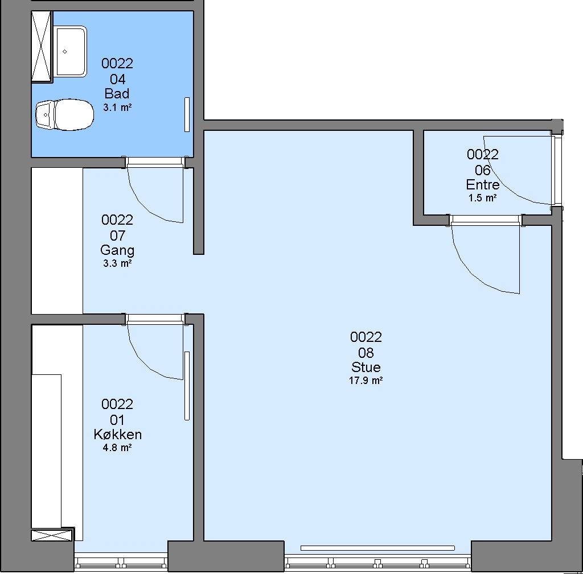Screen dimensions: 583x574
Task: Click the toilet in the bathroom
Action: click(65, 114)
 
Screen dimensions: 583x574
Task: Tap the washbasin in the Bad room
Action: click(71, 51)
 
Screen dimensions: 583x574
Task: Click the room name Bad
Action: click(117, 93)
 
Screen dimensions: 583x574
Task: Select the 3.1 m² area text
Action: click(117, 108)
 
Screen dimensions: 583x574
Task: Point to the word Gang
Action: click(117, 250)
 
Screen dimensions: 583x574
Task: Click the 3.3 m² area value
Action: click(117, 263)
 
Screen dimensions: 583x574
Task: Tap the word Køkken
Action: click(117, 434)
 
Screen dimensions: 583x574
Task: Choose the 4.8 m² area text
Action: click(117, 448)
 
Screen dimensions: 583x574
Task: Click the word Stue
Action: click(366, 367)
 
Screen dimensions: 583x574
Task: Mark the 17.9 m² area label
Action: click(366, 381)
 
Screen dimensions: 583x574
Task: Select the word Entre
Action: click(483, 185)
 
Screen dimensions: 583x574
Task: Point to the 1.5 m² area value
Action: click(483, 198)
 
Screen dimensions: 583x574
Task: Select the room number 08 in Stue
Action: click(366, 353)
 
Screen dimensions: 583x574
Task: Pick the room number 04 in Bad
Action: click(117, 79)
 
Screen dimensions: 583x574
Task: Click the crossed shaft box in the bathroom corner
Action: click(42, 46)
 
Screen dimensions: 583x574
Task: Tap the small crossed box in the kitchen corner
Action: click(52, 535)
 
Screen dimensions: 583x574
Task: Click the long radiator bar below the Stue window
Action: click(377, 548)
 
